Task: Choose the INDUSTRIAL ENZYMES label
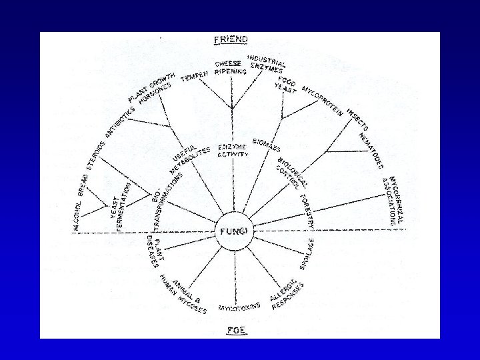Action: tap(266, 64)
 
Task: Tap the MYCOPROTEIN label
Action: tap(323, 101)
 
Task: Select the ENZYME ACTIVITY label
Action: tap(233, 150)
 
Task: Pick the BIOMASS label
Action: tap(267, 145)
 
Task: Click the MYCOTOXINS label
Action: tap(239, 308)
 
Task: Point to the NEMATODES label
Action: tap(372, 150)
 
